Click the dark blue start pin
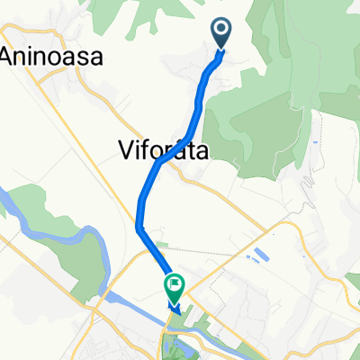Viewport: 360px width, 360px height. tap(221, 34)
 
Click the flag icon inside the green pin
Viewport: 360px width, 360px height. tap(173, 285)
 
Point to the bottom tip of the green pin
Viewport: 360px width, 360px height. tap(173, 303)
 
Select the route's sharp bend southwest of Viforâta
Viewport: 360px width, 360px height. tap(139, 227)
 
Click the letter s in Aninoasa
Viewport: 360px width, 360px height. tap(83, 57)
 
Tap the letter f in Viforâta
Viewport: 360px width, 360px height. tap(151, 150)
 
